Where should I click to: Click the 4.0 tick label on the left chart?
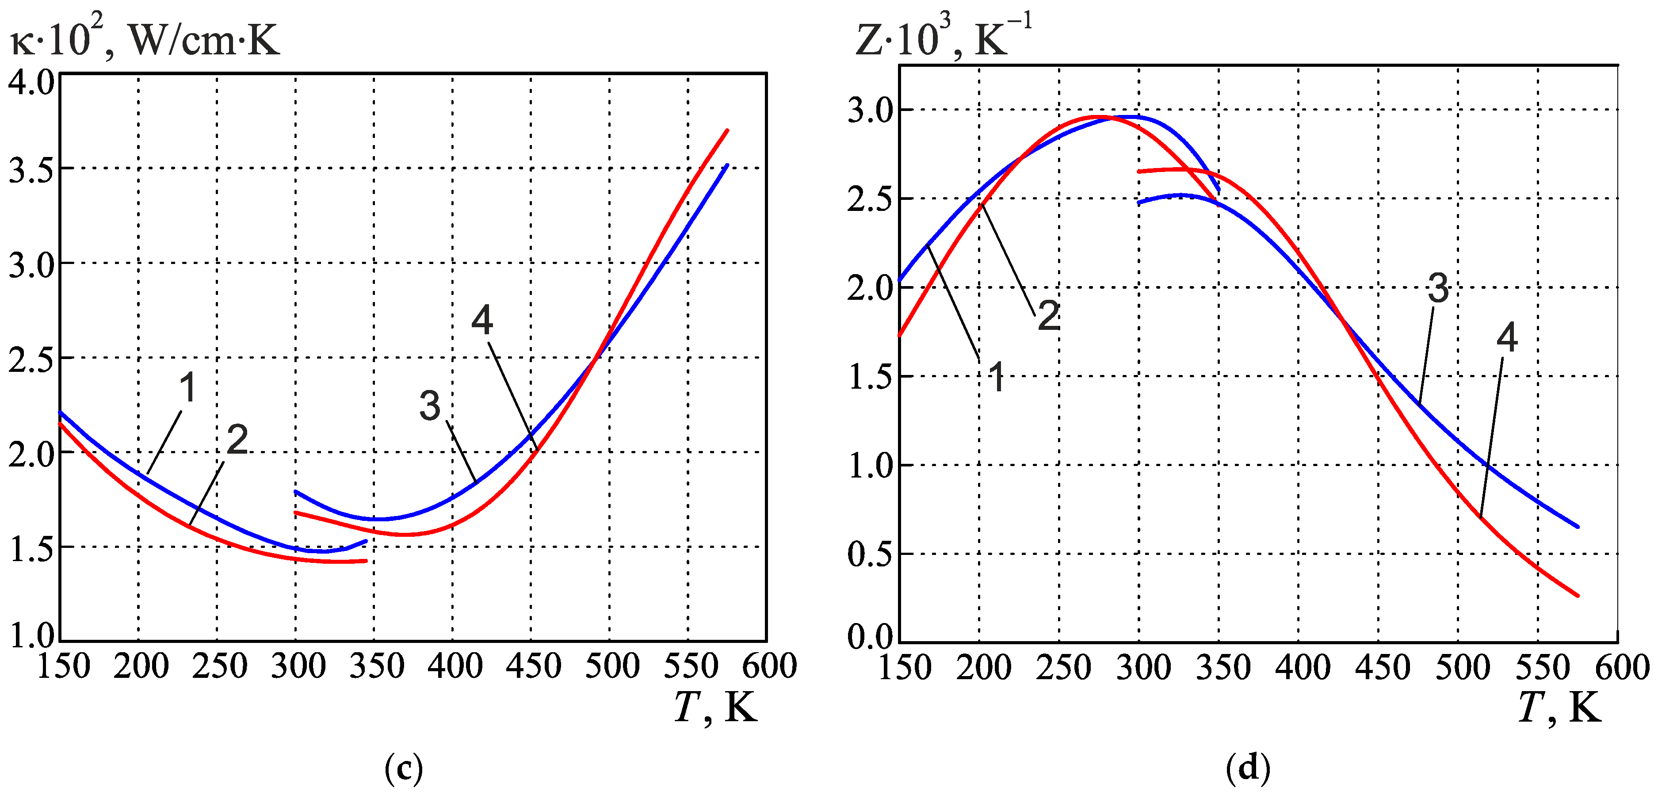[31, 84]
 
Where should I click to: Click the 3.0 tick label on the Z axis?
[870, 111]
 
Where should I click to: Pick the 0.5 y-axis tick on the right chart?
[870, 554]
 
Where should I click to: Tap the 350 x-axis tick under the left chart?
[377, 666]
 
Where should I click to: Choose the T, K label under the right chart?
[1559, 708]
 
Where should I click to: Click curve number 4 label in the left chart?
[482, 320]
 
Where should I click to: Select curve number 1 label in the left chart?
[187, 388]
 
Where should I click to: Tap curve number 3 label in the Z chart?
[1438, 288]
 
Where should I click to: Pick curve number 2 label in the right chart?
[1048, 316]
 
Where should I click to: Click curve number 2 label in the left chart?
[237, 440]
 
